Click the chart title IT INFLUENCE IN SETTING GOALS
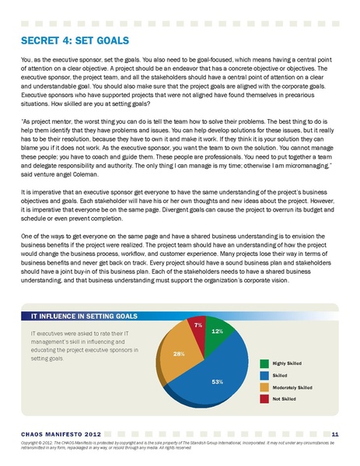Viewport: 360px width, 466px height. click(x=83, y=317)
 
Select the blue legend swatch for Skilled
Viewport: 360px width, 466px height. click(x=264, y=374)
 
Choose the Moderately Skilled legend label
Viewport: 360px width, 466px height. click(x=292, y=387)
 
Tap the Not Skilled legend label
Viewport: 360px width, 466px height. click(x=285, y=398)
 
